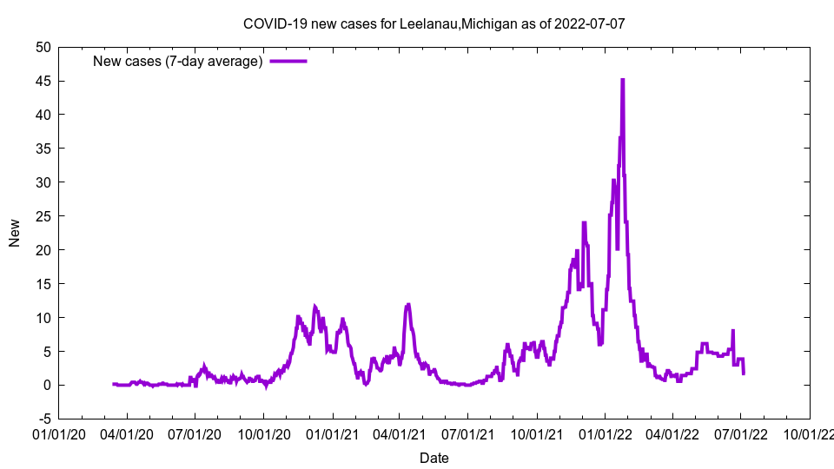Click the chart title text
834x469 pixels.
point(434,23)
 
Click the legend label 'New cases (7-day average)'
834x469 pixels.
point(178,61)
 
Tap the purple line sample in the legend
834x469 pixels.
point(288,61)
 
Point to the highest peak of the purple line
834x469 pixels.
point(622,80)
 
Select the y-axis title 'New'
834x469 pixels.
point(15,233)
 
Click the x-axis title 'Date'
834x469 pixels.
point(434,458)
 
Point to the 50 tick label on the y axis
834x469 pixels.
point(43,47)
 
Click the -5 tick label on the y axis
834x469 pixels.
point(43,419)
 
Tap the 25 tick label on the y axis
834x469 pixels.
point(43,215)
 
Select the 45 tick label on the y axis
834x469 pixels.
point(43,81)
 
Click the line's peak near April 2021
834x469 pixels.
point(407,305)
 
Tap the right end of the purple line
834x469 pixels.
point(744,373)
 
